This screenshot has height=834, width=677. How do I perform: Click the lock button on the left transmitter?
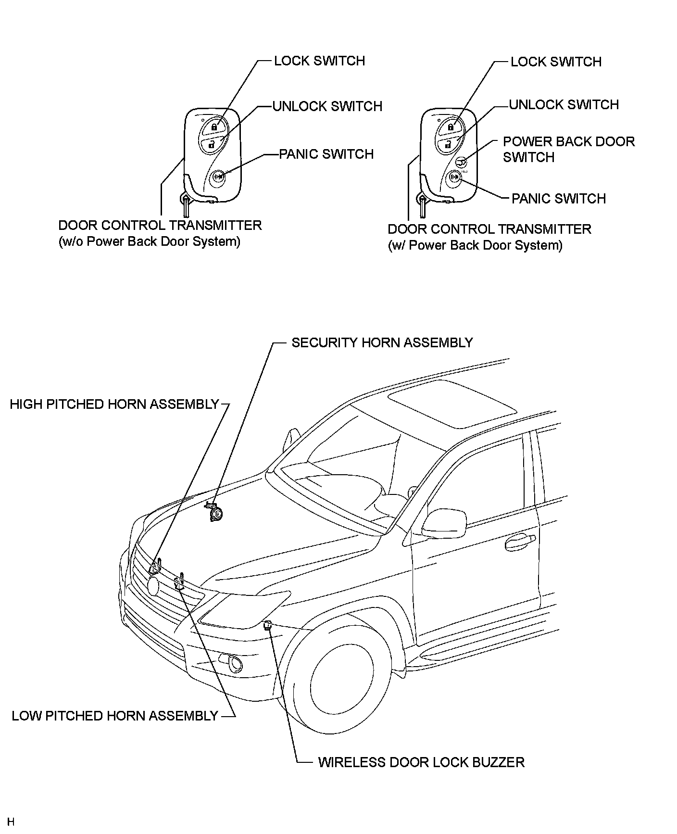[213, 127]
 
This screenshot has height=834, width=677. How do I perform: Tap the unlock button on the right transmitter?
[447, 143]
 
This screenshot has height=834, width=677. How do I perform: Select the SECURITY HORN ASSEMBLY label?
[382, 342]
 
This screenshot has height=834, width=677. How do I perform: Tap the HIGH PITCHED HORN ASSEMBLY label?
[114, 404]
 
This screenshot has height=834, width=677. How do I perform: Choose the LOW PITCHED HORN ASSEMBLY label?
[115, 716]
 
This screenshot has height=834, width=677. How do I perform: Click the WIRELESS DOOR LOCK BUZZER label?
[421, 762]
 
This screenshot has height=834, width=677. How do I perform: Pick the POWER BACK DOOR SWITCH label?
[568, 149]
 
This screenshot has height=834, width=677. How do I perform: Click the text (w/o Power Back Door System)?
[149, 241]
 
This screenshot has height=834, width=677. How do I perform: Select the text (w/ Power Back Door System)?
[475, 245]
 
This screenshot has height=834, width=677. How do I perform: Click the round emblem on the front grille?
[153, 585]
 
